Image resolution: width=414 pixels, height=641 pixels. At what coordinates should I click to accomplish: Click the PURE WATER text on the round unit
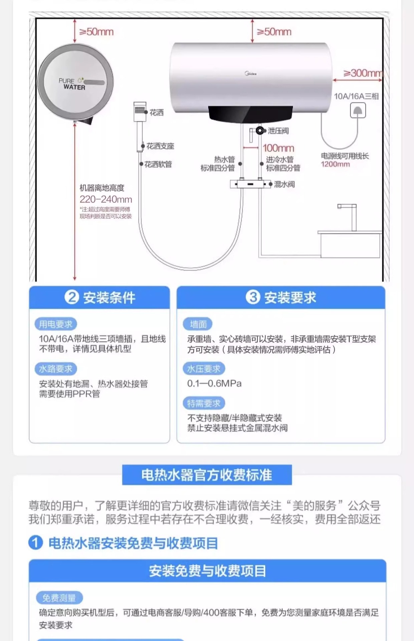click(72, 84)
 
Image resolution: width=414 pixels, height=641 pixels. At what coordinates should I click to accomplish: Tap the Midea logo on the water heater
click(251, 73)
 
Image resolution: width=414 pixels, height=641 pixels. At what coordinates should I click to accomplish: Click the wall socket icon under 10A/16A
click(358, 111)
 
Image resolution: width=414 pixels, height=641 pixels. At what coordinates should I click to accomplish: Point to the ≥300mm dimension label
click(363, 73)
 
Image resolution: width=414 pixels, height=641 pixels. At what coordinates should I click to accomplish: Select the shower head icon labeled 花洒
click(140, 111)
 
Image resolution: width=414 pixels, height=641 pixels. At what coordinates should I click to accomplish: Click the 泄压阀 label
click(278, 131)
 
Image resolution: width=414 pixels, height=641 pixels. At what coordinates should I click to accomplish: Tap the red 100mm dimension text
click(278, 148)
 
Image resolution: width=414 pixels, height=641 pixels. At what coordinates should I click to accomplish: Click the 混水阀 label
click(284, 184)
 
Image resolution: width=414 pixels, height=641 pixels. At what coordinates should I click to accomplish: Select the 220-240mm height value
click(106, 199)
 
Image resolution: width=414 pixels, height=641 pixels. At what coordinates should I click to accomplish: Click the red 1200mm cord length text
click(335, 164)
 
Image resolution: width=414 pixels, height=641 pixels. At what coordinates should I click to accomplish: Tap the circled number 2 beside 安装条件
click(72, 297)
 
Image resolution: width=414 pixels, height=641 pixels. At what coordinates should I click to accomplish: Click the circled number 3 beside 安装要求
click(253, 297)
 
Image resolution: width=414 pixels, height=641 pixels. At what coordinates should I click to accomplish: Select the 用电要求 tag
click(56, 324)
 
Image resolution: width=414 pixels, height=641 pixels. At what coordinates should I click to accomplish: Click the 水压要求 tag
click(204, 369)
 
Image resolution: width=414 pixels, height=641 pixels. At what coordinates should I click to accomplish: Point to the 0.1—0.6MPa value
click(214, 383)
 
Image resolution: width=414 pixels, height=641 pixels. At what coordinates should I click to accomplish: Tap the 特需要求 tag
click(204, 403)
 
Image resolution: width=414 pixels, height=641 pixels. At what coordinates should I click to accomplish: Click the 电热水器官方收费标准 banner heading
click(207, 475)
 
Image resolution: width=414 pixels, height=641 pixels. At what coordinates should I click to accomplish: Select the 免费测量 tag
click(59, 598)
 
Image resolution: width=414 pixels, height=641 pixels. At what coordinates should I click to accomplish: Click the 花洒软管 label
click(158, 164)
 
